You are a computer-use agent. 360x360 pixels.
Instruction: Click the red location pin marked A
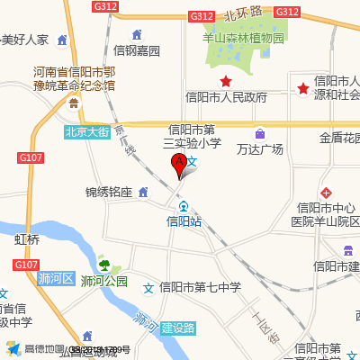[178, 165]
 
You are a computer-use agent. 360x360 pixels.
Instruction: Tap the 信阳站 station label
[184, 220]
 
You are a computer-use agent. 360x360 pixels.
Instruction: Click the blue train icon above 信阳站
[184, 205]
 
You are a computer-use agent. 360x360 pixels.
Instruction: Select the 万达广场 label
[260, 148]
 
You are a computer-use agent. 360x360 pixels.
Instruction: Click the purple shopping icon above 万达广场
[260, 133]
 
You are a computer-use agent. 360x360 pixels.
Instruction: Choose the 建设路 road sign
[178, 328]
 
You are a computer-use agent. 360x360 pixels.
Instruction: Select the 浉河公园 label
[103, 281]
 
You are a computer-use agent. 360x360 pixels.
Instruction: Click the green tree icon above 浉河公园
[103, 265]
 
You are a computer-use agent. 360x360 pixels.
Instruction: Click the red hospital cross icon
[326, 193]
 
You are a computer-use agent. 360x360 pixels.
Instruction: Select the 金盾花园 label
[339, 139]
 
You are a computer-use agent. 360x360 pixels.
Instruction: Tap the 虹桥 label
[27, 240]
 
